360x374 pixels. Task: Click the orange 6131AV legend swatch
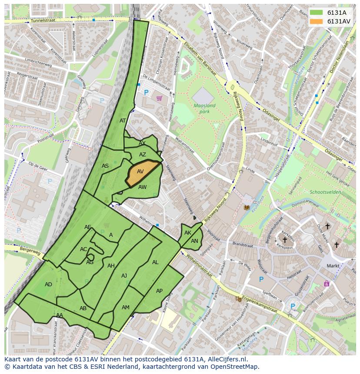[x=316, y=21]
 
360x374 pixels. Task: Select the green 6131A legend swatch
[x=316, y=13]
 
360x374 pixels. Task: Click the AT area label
[x=123, y=121]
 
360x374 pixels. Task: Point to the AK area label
[x=188, y=233]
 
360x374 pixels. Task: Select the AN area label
[x=194, y=241]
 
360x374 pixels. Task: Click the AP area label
[x=159, y=291]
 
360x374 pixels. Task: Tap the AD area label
[x=48, y=285]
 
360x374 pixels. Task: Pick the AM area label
[x=125, y=308]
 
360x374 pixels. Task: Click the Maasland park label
[x=204, y=108]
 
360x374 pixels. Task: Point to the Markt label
[x=333, y=266]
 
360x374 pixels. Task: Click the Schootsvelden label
[x=325, y=192]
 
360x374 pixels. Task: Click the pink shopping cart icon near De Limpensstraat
[x=159, y=99]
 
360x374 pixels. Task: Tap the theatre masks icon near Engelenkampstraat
[x=238, y=299]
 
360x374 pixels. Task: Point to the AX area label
[x=142, y=143]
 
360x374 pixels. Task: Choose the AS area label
[x=105, y=166]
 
